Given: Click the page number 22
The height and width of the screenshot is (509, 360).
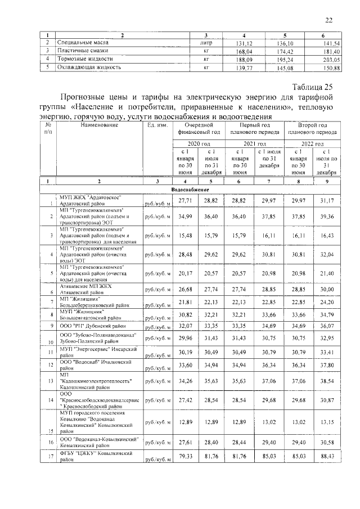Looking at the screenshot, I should (x=328, y=21).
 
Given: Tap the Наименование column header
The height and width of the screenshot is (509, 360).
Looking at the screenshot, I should (x=100, y=125).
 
